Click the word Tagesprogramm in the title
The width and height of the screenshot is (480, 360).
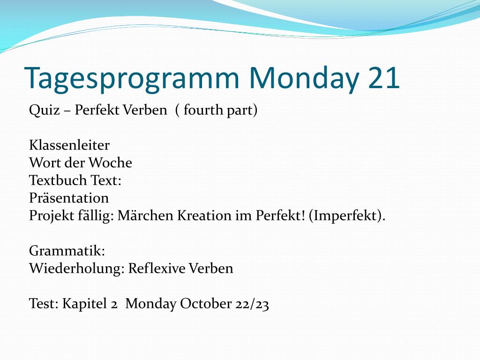132,79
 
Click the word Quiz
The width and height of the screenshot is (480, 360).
44,110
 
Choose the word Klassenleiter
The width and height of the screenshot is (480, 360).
69,145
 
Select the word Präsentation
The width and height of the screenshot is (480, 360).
69,198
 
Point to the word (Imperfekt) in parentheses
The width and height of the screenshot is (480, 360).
347,216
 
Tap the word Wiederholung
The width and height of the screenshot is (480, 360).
77,269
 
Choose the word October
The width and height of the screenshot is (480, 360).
206,303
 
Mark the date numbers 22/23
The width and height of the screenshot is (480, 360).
252,304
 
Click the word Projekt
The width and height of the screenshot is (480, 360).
52,216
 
